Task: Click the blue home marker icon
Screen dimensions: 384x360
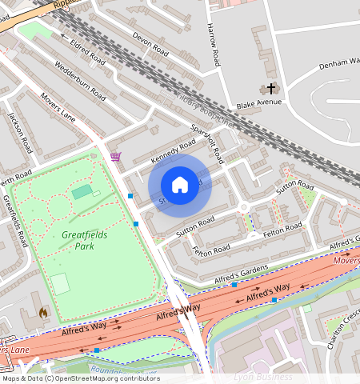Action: (180, 186)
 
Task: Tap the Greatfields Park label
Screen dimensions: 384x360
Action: (78, 241)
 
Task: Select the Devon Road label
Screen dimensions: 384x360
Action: (150, 44)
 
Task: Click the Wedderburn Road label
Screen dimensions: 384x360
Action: (78, 78)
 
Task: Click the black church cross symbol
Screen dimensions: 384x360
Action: (271, 89)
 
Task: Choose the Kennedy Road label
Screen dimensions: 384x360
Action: (173, 148)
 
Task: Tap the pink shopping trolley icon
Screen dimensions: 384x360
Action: (116, 157)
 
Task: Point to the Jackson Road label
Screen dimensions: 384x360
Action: (21, 132)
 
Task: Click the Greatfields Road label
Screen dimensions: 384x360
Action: (16, 221)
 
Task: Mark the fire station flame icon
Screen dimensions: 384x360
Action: (43, 312)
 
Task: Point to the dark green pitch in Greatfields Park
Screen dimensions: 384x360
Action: (82, 192)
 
